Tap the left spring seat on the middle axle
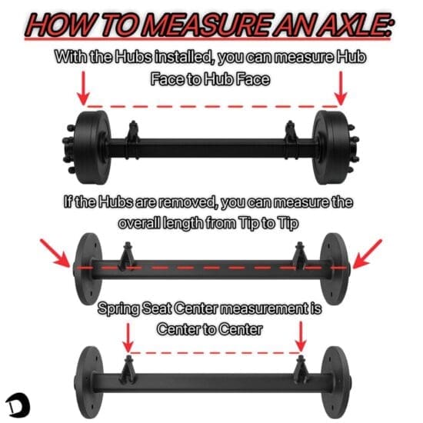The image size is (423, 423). coord(127,253)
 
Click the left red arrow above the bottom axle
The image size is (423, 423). coord(128,335)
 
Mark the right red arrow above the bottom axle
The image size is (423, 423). coord(301,335)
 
